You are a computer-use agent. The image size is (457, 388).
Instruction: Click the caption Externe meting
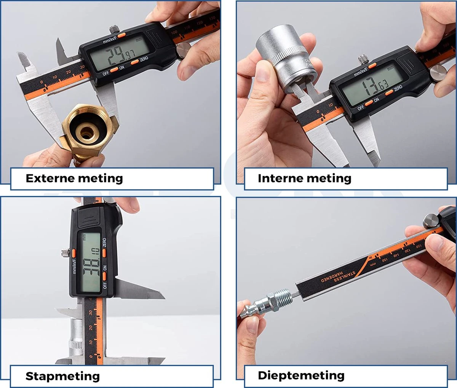point(74,178)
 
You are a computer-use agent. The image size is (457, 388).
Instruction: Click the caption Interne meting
point(304,178)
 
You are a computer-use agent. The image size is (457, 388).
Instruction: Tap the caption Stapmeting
point(62,376)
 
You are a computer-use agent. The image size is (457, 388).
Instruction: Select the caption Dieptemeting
point(301,375)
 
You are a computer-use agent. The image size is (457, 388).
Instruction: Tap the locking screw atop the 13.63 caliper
point(362,59)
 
